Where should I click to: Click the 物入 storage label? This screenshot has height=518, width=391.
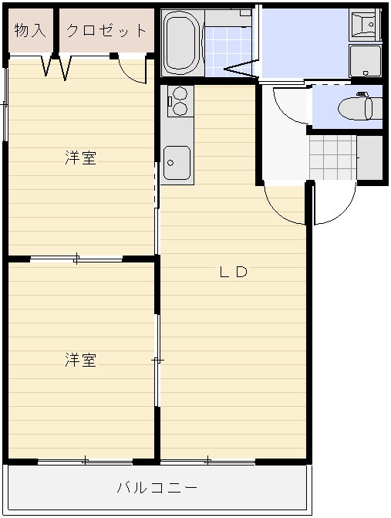[30, 31]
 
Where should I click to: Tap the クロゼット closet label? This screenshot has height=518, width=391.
[106, 31]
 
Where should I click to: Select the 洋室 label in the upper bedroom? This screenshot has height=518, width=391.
[80, 158]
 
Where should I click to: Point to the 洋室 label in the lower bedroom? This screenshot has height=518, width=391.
[80, 360]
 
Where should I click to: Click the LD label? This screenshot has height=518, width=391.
[232, 272]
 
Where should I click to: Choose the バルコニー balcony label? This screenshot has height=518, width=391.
[157, 488]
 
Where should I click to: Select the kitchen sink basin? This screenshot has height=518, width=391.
[177, 163]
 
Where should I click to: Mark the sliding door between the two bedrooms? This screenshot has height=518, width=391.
[76, 259]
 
